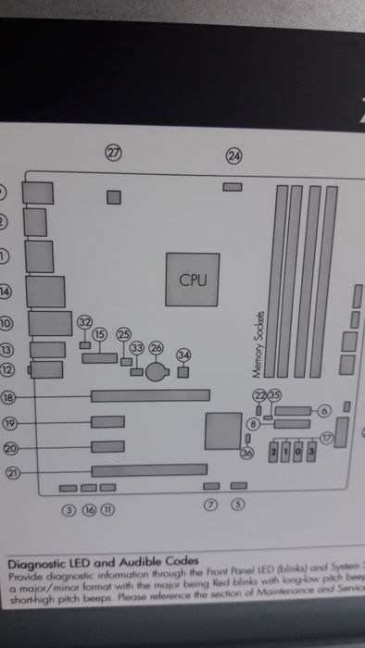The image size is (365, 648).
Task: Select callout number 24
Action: pyautogui.click(x=233, y=156)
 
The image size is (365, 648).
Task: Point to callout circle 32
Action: pyautogui.click(x=85, y=322)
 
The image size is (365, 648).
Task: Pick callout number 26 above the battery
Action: pyautogui.click(x=156, y=348)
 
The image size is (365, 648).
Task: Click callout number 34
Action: pyautogui.click(x=183, y=355)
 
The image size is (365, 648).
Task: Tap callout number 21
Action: pyautogui.click(x=12, y=473)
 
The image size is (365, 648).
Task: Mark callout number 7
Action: pyautogui.click(x=209, y=505)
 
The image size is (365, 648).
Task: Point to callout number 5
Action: pyautogui.click(x=237, y=505)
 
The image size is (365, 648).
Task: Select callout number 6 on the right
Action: pyautogui.click(x=324, y=409)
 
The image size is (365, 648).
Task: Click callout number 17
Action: pyautogui.click(x=326, y=436)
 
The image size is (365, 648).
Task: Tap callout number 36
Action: pyautogui.click(x=246, y=454)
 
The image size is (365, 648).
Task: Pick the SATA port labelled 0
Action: pyautogui.click(x=299, y=452)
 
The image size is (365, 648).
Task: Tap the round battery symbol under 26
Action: pyautogui.click(x=157, y=371)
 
